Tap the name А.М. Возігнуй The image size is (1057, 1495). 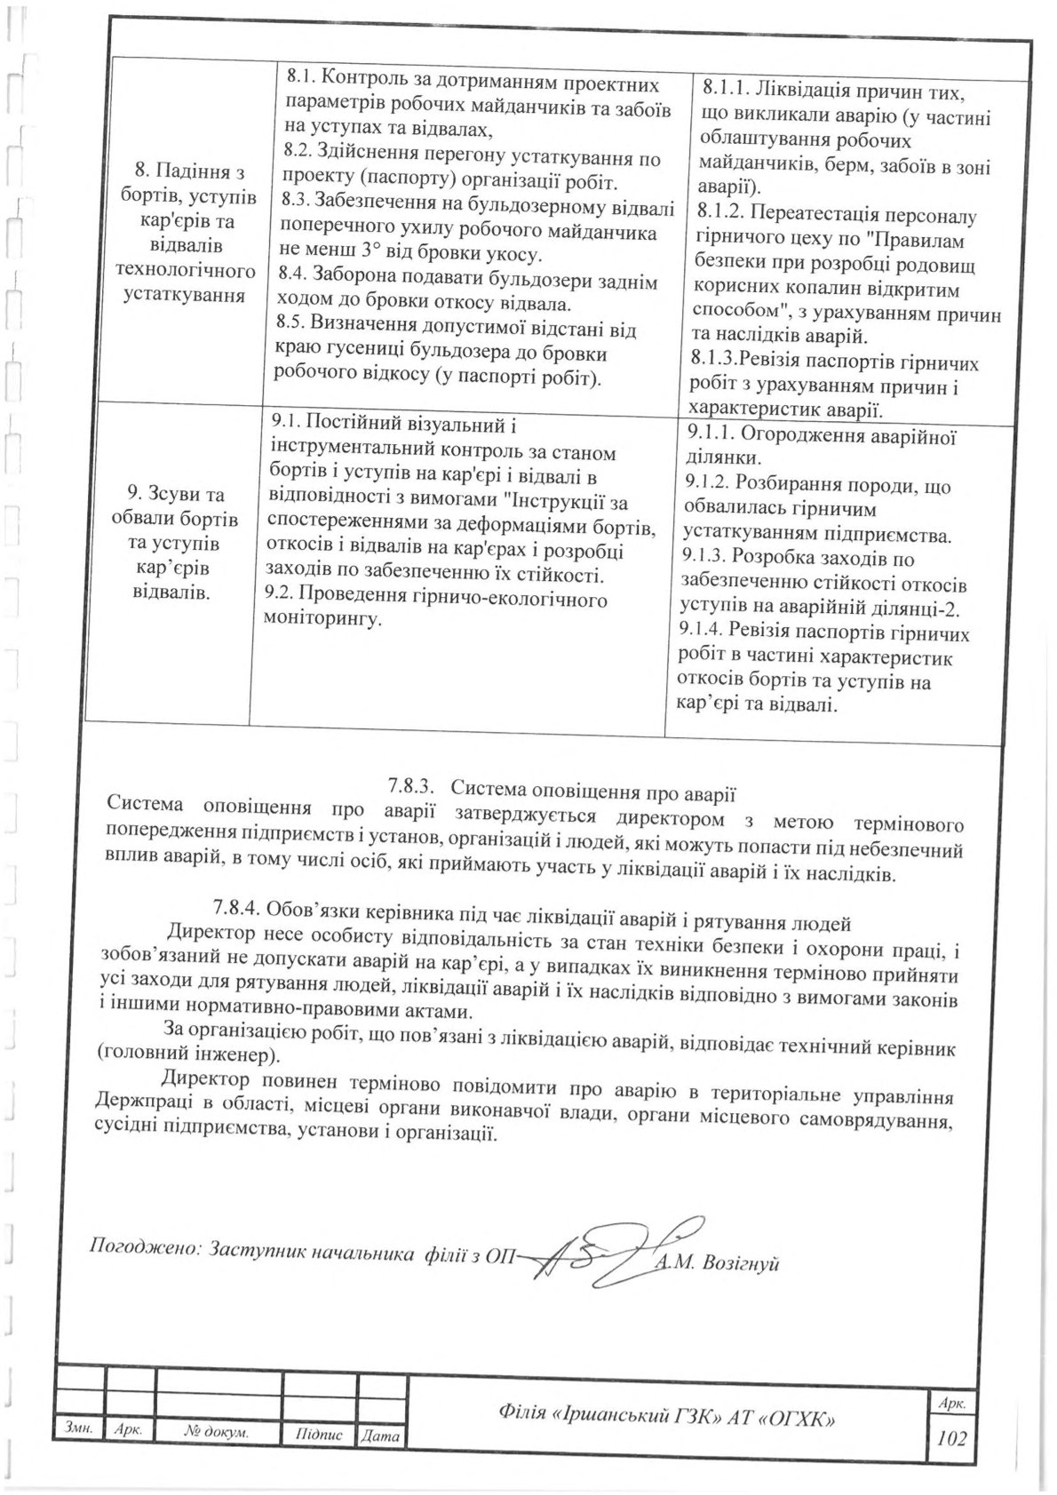click(x=719, y=1264)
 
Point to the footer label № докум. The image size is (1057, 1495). click(x=217, y=1458)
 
